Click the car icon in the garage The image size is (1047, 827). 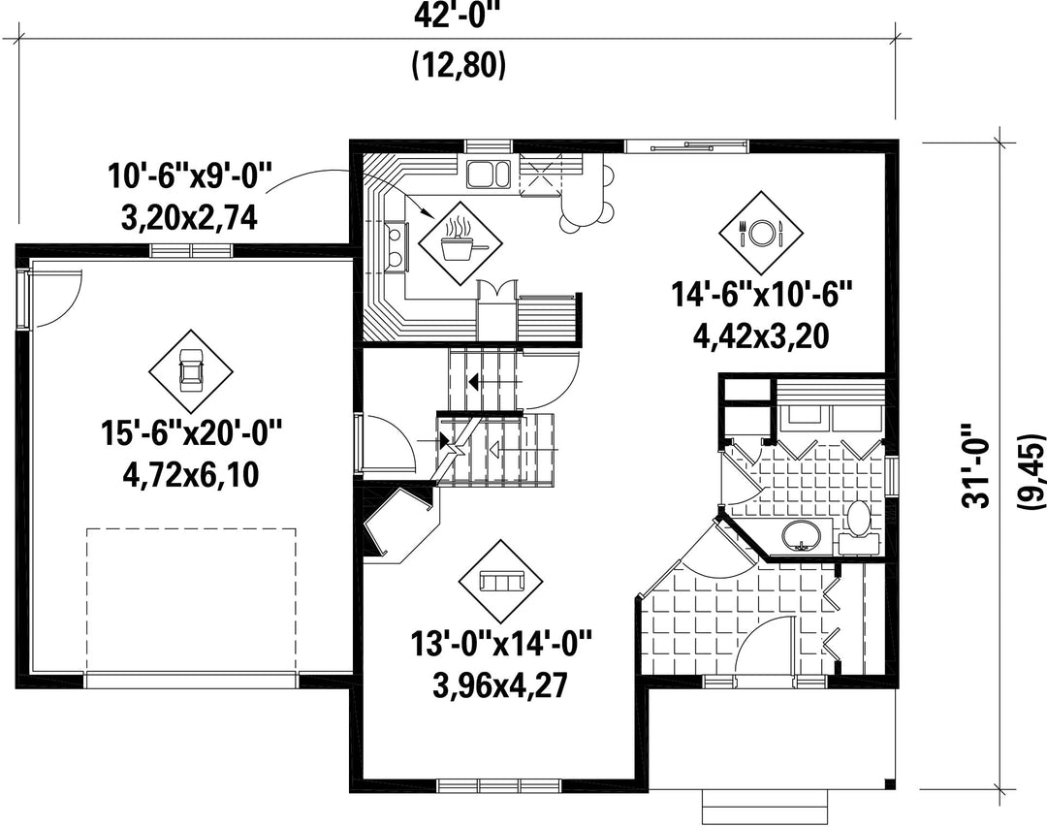pyautogui.click(x=191, y=371)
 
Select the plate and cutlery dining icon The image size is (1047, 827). pyautogui.click(x=761, y=233)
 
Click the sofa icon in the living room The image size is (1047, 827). pyautogui.click(x=501, y=581)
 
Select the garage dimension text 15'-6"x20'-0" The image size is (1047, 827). pyautogui.click(x=191, y=432)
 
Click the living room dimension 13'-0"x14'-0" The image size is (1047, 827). pyautogui.click(x=501, y=645)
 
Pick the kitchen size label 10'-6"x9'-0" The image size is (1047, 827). pyautogui.click(x=190, y=177)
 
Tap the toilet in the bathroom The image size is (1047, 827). pyautogui.click(x=859, y=527)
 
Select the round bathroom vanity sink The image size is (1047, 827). pyautogui.click(x=801, y=534)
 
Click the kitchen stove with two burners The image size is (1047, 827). pyautogui.click(x=396, y=246)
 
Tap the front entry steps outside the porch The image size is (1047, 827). pyautogui.click(x=766, y=807)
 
